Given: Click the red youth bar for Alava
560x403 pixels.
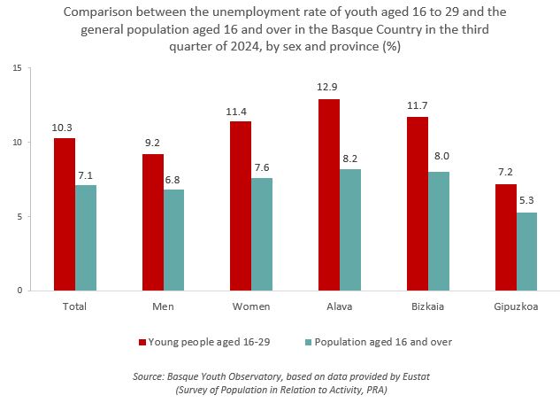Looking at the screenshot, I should coord(329,195).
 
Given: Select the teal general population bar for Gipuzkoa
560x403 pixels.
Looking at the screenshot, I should coord(526,252).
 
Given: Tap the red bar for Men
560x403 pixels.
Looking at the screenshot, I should coord(152,222).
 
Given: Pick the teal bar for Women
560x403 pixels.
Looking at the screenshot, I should coord(262,234).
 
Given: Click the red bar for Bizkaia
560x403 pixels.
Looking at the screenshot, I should coord(418,204).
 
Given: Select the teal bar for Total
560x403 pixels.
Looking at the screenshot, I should coord(86,237).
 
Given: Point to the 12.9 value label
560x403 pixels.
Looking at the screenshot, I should coord(329,88).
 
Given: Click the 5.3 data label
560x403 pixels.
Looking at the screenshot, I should coord(526,201).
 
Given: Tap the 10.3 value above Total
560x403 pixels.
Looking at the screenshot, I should coord(64,127).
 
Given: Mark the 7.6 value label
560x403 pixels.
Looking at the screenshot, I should coord(262,167).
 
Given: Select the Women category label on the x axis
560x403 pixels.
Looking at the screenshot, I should coord(251,306).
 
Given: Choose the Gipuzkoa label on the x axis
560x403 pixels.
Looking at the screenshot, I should coord(516,306).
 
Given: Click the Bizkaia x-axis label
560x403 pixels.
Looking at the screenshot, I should coord(428,306).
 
